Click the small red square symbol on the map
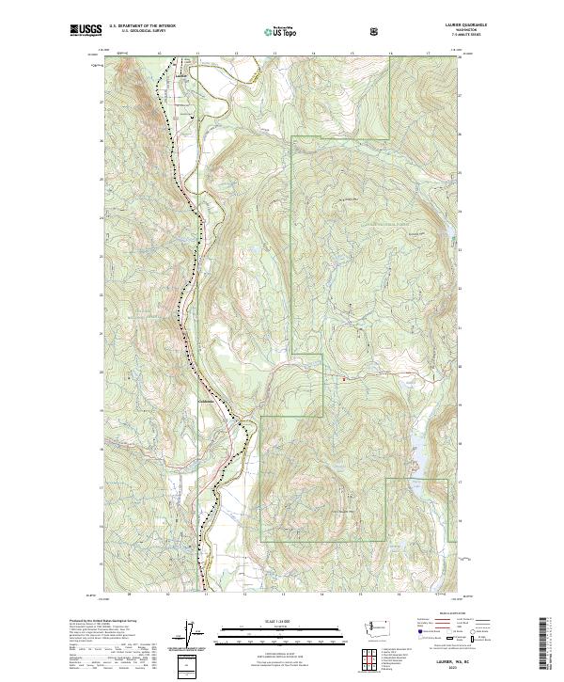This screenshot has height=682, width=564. point(343,379)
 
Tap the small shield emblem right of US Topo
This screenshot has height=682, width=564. point(374,31)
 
